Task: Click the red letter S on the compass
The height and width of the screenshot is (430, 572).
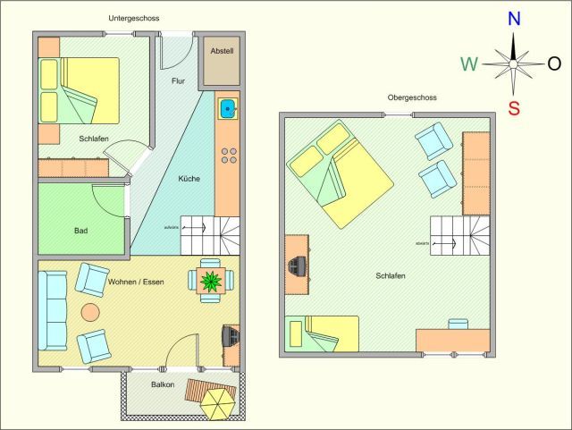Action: coord(514,109)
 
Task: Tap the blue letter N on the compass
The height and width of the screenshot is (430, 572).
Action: coord(514,19)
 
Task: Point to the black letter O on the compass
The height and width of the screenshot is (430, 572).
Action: coord(554,63)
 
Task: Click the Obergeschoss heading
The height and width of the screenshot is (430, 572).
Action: coord(387,97)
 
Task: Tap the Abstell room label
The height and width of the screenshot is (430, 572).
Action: coord(222,52)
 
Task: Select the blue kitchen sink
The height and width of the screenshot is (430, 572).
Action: coord(228,109)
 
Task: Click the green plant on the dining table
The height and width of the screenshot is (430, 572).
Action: coord(213,281)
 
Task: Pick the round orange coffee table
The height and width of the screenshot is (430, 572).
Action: coord(90,312)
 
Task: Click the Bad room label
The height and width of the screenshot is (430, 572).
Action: coord(81,231)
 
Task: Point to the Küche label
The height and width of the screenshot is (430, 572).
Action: coord(189,179)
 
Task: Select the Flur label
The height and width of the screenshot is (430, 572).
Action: coord(178,81)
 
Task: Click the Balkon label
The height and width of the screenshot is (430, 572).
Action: coord(162,385)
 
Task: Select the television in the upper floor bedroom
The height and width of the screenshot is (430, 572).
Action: coord(298,264)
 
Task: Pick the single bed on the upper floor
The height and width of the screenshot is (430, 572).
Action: coord(322,333)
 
